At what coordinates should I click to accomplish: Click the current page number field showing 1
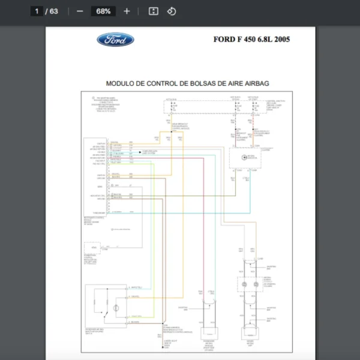pos(37,11)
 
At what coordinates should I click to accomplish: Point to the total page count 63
pos(54,11)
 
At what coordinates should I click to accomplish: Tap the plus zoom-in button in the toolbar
pos(127,11)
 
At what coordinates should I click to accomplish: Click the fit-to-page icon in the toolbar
pos(153,11)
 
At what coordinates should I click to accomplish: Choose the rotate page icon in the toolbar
pos(171,11)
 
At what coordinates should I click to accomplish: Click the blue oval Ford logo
pos(115,40)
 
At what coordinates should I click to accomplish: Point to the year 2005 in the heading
pos(280,40)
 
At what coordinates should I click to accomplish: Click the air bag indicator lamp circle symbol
pos(244,157)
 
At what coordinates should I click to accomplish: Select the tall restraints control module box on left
pos(95,177)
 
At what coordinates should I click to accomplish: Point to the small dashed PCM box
pos(94,248)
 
